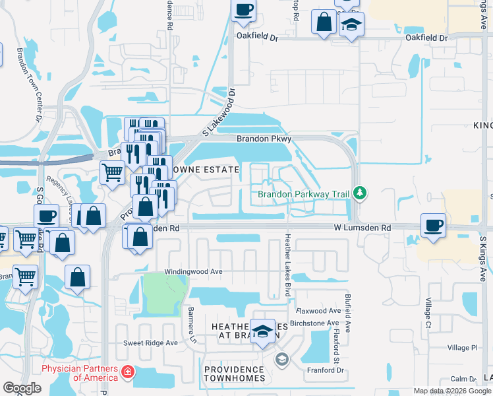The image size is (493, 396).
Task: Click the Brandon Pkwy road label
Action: coord(264,139)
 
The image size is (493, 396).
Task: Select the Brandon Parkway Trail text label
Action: coord(303,194)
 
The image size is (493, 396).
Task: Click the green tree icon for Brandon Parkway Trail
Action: coord(359,193)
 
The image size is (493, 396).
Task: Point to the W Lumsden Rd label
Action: coord(361,228)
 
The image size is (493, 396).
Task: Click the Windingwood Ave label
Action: coord(193,271)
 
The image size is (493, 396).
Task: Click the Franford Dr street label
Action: coord(326,370)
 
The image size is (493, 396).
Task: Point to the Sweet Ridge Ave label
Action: coord(151,343)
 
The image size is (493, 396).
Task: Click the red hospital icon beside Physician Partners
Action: coord(127,374)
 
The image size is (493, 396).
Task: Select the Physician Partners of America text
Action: coord(79,374)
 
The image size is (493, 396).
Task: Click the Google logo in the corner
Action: coord(22,388)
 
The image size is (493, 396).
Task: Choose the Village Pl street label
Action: coord(462,348)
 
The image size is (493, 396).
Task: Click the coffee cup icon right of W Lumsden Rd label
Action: coord(433,225)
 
